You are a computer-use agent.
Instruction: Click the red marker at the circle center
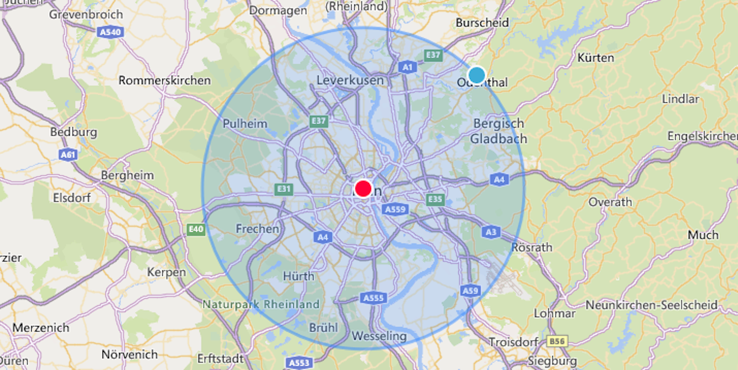(x=363, y=189)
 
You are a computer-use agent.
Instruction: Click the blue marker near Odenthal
(x=476, y=75)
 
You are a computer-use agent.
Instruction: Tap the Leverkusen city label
(x=350, y=80)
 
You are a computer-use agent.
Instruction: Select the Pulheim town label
(x=245, y=123)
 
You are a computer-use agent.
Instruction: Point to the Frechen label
(x=257, y=229)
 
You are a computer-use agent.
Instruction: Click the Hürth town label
(x=299, y=276)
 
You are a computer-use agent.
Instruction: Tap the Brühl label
(x=323, y=328)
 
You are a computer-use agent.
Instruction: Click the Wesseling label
(x=379, y=336)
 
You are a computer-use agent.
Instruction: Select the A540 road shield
(x=110, y=32)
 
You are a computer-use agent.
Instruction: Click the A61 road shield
(x=68, y=155)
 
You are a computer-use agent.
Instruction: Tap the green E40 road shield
(x=196, y=229)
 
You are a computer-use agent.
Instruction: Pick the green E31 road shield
(x=284, y=189)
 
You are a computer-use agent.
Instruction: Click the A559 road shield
(x=395, y=210)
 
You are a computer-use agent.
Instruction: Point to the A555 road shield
(x=373, y=298)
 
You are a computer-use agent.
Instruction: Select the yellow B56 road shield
(x=557, y=341)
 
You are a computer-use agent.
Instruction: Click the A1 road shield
(x=407, y=67)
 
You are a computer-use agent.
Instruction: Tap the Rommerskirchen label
(x=165, y=80)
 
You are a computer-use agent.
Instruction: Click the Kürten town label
(x=596, y=58)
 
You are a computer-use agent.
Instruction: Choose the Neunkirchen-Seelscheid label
(x=651, y=305)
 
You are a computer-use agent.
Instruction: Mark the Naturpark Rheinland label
(x=261, y=304)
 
